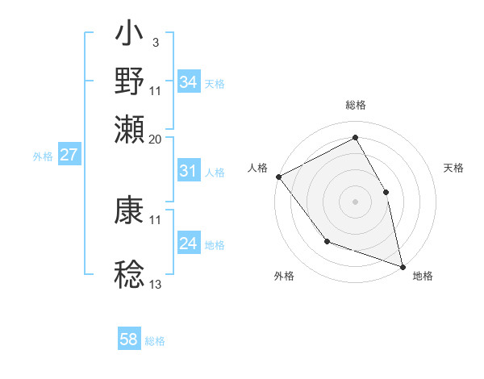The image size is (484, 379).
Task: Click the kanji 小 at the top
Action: click(130, 37)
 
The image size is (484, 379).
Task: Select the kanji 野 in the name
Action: click(130, 81)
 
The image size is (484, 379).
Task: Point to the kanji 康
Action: click(130, 210)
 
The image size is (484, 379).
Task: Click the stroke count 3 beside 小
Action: click(155, 41)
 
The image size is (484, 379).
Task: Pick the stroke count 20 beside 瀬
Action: click(156, 139)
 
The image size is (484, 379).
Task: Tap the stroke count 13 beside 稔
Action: click(156, 285)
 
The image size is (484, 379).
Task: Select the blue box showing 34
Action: click(188, 81)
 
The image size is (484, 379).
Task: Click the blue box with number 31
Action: click(188, 171)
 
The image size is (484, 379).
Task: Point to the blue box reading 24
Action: click(188, 244)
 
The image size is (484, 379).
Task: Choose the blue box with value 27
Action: click(69, 155)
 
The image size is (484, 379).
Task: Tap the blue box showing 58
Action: click(128, 339)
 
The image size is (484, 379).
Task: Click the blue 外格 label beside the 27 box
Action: click(43, 156)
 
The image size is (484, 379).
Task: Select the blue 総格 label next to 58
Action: click(155, 341)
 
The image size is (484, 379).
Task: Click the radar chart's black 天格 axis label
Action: click(453, 168)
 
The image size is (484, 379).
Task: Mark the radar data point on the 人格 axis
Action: click(278, 177)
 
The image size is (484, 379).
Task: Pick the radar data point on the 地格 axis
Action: click(402, 265)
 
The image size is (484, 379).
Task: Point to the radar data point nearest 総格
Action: click(355, 137)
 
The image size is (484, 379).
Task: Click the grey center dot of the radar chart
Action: click(355, 201)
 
